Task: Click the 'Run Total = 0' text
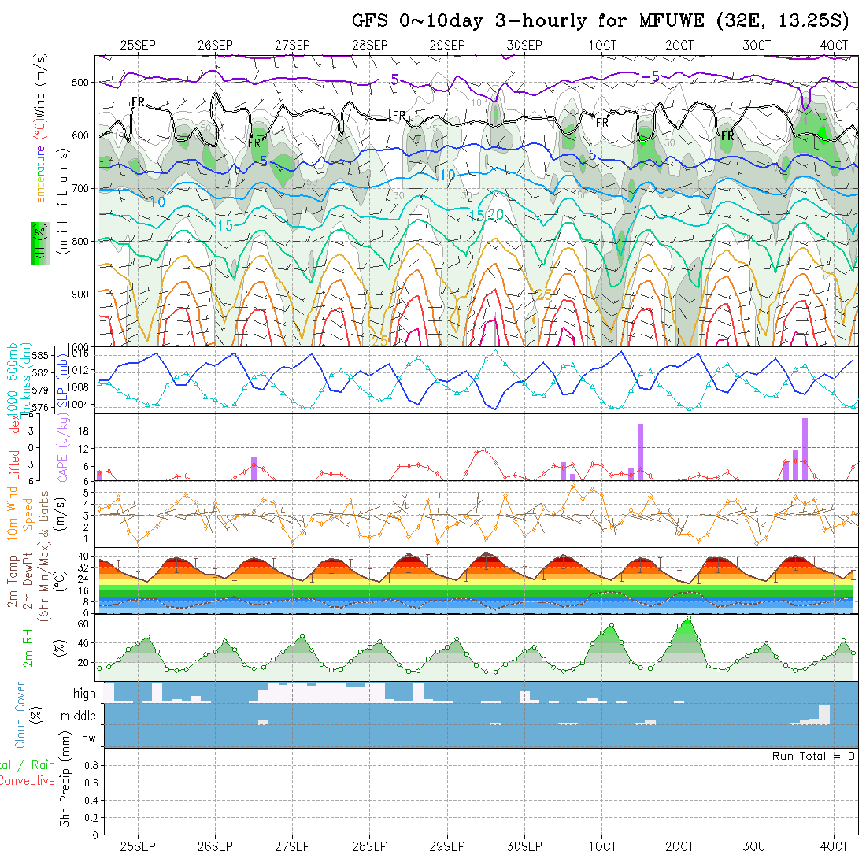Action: (813, 756)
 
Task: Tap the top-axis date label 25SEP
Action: (138, 46)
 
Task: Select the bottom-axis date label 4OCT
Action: (834, 846)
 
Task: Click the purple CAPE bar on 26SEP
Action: (254, 468)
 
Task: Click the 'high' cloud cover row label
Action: (84, 694)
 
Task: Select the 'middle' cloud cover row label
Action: (79, 716)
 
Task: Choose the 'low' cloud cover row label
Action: (87, 738)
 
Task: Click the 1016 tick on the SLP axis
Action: (80, 355)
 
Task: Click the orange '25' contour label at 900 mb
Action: (543, 294)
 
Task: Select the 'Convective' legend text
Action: (27, 781)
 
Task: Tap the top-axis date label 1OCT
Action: (602, 46)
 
